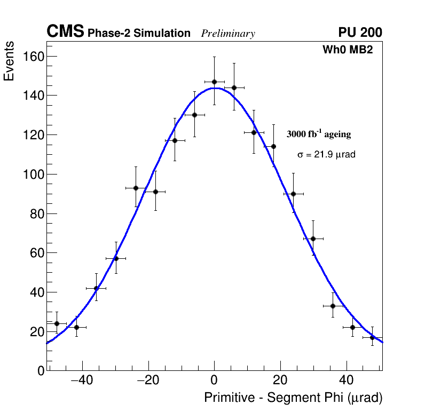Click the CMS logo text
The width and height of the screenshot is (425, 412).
[x=65, y=32]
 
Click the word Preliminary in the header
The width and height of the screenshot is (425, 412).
[x=228, y=34]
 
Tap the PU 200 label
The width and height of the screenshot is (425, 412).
[x=360, y=33]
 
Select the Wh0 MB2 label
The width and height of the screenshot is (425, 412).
[x=347, y=50]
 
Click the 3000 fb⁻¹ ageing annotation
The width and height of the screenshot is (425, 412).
[x=319, y=134]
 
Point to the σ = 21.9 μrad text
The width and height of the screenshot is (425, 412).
[x=326, y=154]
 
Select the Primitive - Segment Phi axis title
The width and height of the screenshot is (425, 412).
[x=293, y=398]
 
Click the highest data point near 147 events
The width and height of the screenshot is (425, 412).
[x=214, y=82]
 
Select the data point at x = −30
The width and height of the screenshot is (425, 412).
[x=116, y=258]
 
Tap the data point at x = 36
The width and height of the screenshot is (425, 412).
[x=333, y=306]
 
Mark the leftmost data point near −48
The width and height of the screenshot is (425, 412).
[x=57, y=323]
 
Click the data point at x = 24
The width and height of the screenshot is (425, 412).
[x=293, y=194]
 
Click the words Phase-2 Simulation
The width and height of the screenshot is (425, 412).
[x=139, y=34]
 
